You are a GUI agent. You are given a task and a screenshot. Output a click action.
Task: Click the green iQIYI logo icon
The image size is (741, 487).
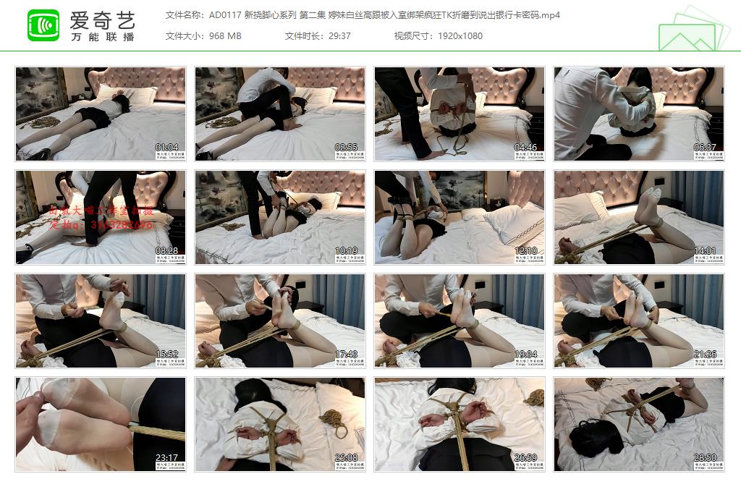coord(43,25)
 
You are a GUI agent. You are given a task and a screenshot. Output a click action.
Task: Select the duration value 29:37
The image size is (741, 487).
coord(336,36)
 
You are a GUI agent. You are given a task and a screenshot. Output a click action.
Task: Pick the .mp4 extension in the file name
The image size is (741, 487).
coord(549,15)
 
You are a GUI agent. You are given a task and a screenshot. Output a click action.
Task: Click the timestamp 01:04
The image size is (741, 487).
coord(166,148)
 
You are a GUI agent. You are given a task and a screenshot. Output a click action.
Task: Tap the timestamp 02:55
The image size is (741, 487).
coord(346,148)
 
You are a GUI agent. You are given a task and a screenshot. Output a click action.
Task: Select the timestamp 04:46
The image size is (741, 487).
coord(525,148)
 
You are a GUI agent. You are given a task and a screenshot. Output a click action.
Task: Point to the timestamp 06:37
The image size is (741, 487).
coord(705,148)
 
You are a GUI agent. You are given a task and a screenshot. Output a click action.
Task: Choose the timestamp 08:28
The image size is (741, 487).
coord(166,251)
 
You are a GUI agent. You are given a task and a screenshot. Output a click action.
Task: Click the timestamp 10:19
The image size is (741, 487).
coord(346,251)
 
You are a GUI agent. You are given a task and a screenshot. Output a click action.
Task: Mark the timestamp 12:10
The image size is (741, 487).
coord(525,251)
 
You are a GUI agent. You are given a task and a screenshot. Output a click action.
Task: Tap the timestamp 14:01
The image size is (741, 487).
coord(705,251)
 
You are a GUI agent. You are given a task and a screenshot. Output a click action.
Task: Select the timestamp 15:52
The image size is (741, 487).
coord(166,355)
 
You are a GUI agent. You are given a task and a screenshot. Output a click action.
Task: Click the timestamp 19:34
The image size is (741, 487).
coord(525,355)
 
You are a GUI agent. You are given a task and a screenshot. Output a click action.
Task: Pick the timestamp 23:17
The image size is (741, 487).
coord(166,458)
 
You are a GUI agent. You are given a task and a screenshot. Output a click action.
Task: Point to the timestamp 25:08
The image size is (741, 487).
coord(346,458)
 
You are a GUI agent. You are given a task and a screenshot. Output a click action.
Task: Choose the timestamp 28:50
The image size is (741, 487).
coord(705,458)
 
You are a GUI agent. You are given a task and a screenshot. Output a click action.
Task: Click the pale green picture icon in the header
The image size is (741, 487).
coord(692,30)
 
